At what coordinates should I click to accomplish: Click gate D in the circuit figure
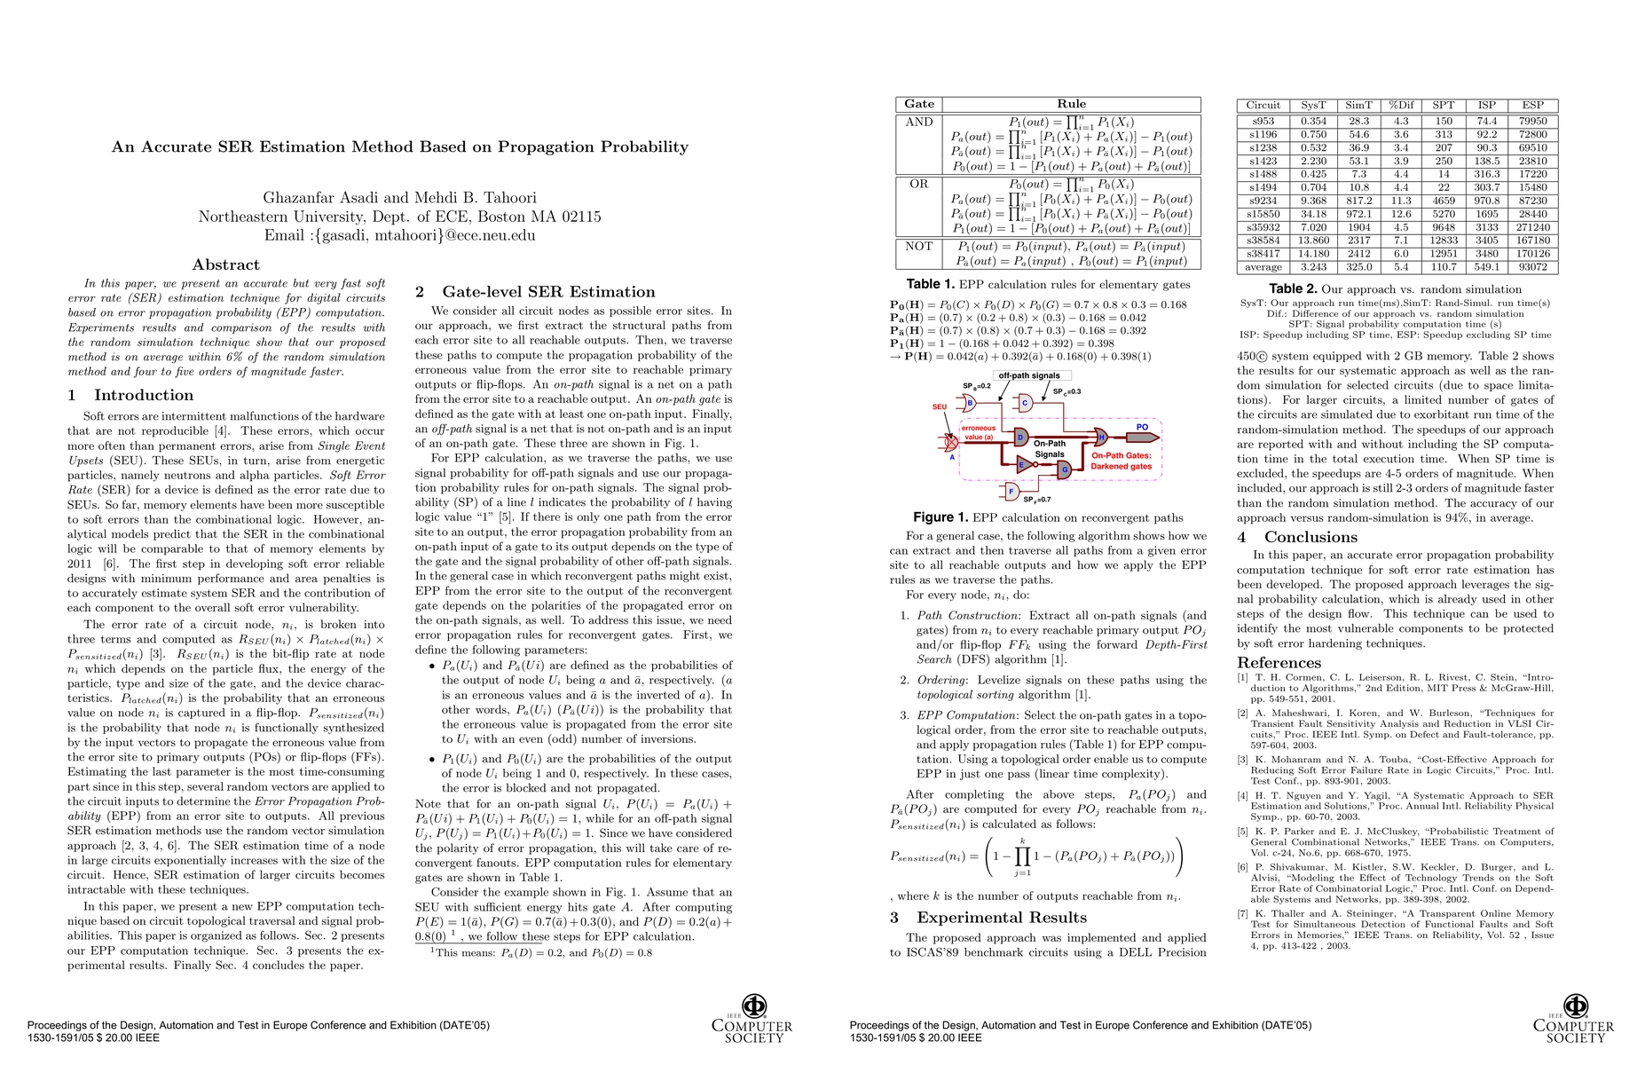click(x=1021, y=438)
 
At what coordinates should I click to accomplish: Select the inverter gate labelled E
click(x=1022, y=464)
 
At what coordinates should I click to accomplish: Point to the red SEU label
click(x=939, y=406)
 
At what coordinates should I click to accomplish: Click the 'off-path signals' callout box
click(x=1029, y=375)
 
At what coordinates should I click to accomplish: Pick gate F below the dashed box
click(x=1011, y=490)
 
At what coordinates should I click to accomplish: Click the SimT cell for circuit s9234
click(x=1358, y=201)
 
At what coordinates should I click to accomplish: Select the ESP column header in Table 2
click(x=1532, y=105)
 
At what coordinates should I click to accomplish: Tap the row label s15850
click(x=1263, y=214)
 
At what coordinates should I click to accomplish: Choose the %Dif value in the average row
click(x=1400, y=267)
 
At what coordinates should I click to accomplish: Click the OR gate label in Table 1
click(x=918, y=184)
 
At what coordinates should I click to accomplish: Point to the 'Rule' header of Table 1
click(x=1071, y=104)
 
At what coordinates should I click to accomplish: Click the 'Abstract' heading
click(x=226, y=264)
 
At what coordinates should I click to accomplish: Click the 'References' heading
click(x=1279, y=663)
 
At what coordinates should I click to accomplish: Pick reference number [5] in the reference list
click(x=1243, y=832)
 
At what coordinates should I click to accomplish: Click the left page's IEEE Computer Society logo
click(x=752, y=1019)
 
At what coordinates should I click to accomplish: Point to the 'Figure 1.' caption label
click(x=941, y=517)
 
